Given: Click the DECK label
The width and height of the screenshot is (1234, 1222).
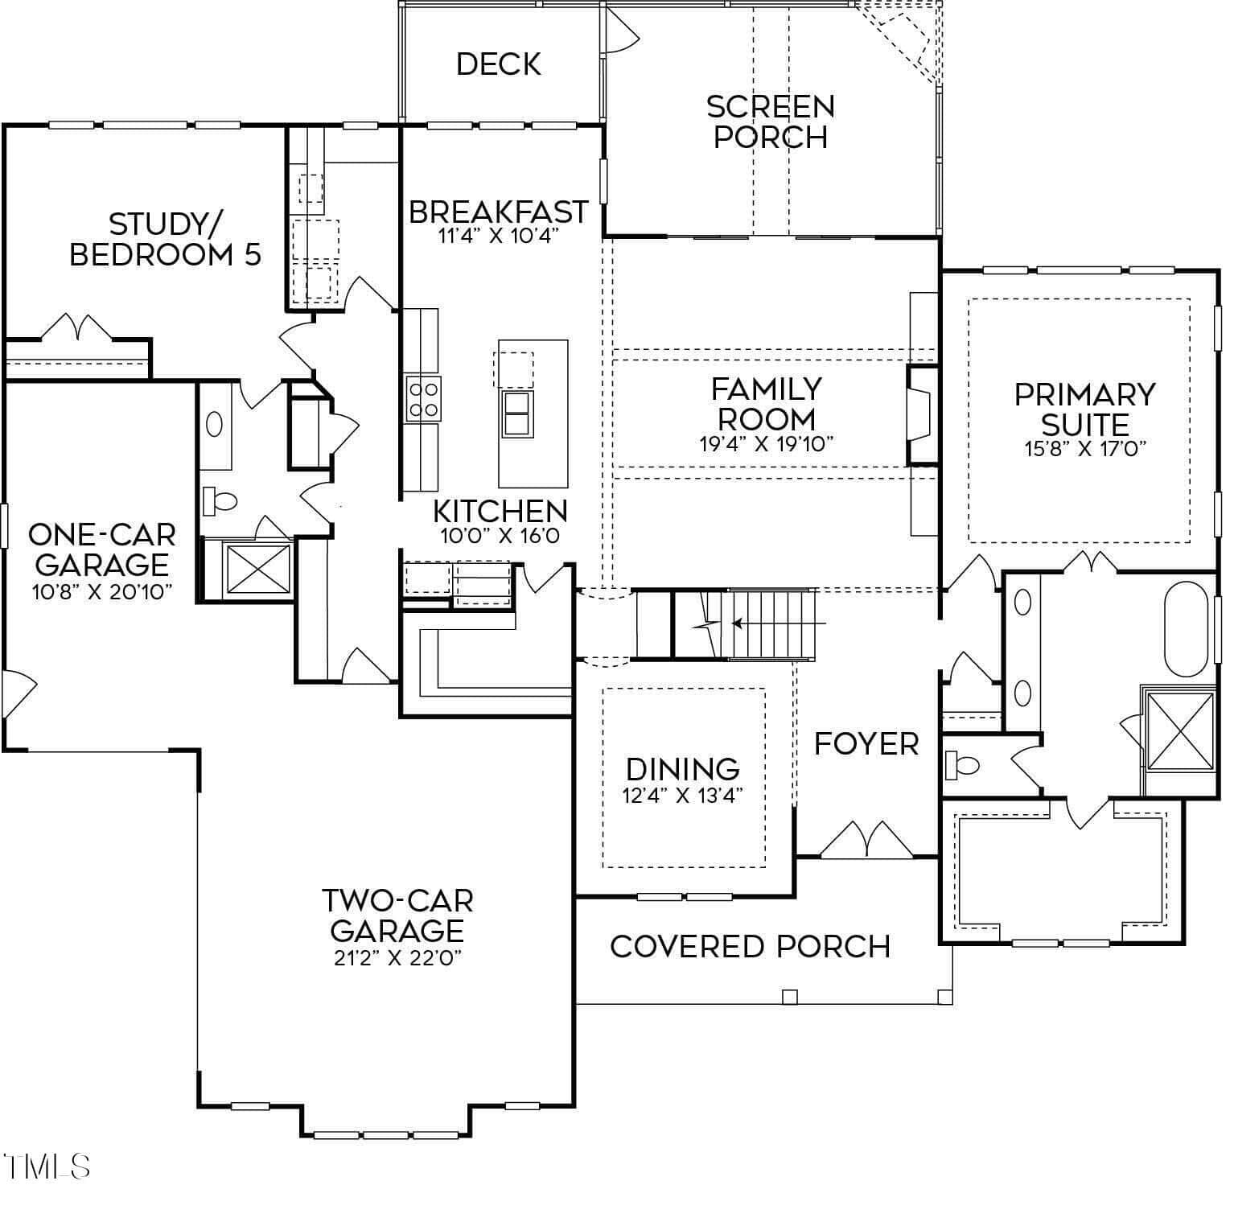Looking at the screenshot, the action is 499,64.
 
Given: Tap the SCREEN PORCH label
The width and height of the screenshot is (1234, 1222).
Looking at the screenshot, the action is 771,121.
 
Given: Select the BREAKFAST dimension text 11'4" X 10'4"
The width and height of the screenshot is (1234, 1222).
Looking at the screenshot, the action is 498,237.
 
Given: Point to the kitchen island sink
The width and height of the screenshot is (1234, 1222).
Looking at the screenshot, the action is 517,414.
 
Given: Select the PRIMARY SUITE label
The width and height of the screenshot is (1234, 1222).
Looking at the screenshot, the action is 1084,409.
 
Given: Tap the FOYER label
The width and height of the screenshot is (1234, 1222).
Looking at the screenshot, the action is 866,744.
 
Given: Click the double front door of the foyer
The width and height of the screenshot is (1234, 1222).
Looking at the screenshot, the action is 866,841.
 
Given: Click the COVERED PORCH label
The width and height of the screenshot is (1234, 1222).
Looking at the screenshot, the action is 751,947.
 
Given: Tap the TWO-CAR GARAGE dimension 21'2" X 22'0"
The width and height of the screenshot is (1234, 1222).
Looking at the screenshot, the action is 397,959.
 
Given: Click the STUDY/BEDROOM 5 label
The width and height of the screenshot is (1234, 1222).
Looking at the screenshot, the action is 166,239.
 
